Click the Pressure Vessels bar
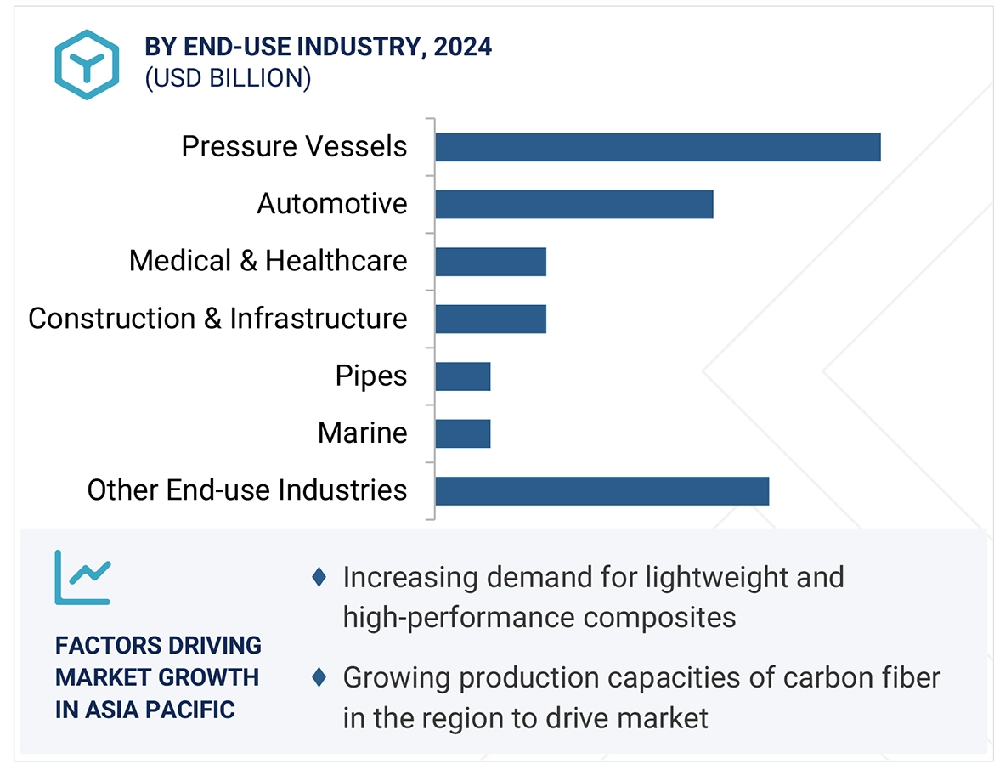tap(658, 147)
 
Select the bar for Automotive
tap(573, 205)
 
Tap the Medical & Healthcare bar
tap(490, 262)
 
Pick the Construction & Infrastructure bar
tap(490, 319)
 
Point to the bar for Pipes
tap(463, 376)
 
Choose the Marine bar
tap(463, 433)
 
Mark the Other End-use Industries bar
tap(601, 491)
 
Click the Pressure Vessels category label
tap(294, 147)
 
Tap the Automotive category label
tap(332, 204)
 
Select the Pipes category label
tap(370, 376)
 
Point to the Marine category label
tap(362, 433)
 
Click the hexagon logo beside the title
tap(87, 65)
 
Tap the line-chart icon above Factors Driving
tap(82, 578)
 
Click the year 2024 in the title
tap(462, 46)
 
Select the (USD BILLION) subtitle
tap(228, 78)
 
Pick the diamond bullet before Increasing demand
tap(319, 578)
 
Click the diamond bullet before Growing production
tap(319, 677)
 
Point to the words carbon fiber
tap(862, 678)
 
